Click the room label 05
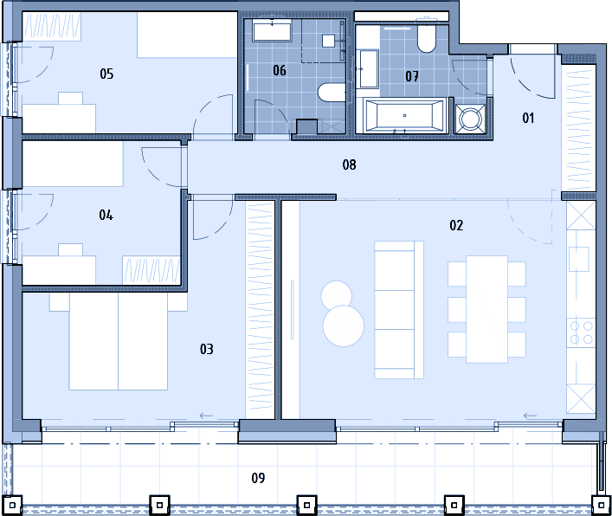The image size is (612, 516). coord(106,74)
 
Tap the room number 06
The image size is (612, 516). coord(280,71)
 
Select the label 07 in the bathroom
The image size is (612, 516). coord(412,76)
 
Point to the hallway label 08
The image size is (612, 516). coord(350,164)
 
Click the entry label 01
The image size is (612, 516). coord(528,118)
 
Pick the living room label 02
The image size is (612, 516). coord(456,225)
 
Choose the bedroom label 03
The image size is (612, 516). coord(207,349)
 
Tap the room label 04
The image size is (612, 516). coord(106,215)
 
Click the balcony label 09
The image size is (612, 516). coord(258,478)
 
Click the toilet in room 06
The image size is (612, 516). coord(332,93)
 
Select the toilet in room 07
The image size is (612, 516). coord(427,39)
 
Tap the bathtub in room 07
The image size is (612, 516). coord(404,115)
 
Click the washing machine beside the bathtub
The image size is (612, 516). coord(470,118)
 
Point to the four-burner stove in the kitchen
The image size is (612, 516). coord(581,332)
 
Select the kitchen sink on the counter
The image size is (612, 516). coord(579,259)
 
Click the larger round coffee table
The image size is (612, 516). coord(344,326)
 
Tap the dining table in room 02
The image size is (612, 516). coord(486,309)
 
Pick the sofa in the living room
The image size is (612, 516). coord(399,310)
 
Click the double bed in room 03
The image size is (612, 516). coord(119,341)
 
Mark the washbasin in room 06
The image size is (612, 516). coord(272,32)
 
